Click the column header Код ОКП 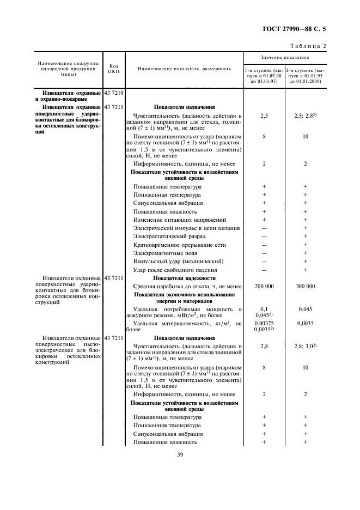pos(114,69)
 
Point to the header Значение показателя pos(284,57)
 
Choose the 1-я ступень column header pos(264,76)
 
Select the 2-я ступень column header pos(305,76)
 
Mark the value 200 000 pos(264,286)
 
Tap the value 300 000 pos(305,286)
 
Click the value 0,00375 pos(264,323)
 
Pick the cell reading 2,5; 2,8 pos(305,116)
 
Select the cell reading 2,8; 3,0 pos(305,346)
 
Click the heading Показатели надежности pos(184,278)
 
